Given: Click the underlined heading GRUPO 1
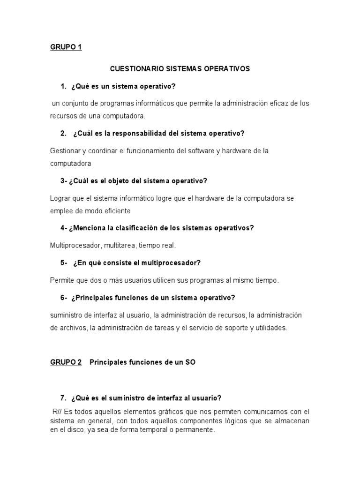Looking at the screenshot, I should [x=66, y=47].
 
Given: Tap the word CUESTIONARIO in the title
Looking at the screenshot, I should [x=136, y=68].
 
